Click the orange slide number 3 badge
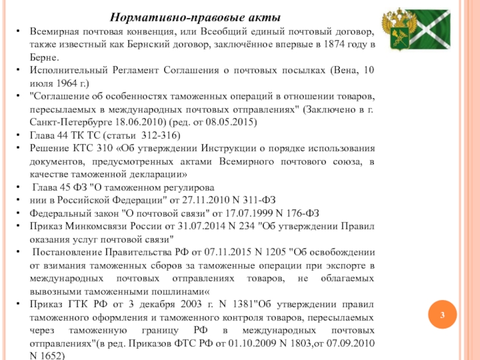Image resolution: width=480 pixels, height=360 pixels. [442, 316]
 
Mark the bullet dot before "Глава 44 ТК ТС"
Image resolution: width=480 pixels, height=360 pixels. [17, 135]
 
